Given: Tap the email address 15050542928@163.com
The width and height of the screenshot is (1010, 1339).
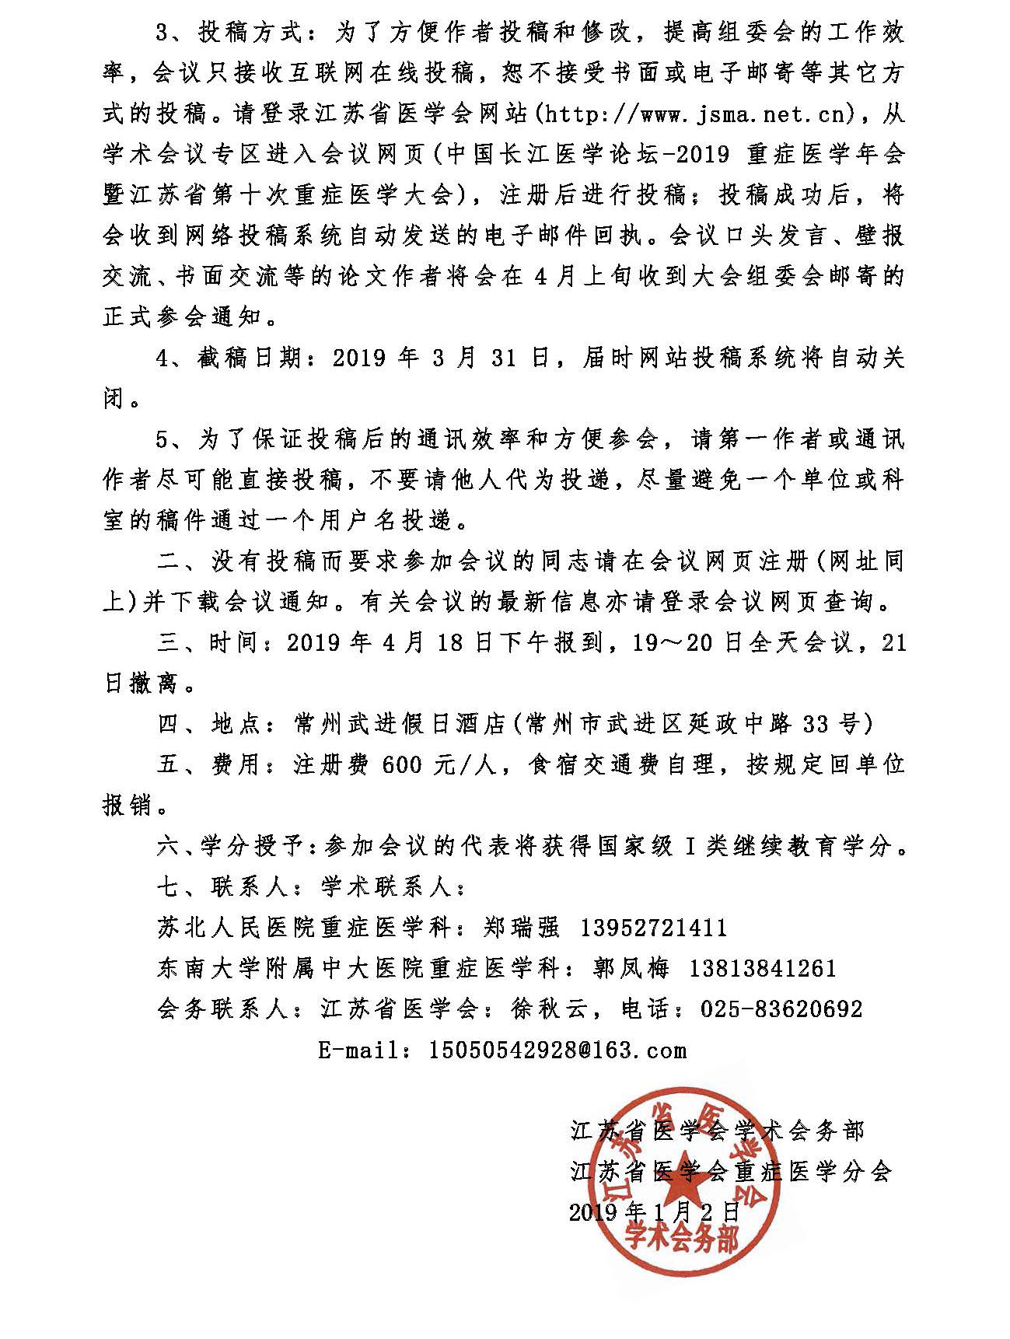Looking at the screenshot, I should [557, 1051].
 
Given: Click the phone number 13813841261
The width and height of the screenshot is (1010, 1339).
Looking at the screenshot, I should [763, 968].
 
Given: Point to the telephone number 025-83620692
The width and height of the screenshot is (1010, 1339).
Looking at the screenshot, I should [781, 1009].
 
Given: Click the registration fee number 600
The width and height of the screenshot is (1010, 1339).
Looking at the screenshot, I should [402, 765].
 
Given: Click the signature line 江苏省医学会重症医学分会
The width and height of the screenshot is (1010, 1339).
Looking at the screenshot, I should [731, 1172].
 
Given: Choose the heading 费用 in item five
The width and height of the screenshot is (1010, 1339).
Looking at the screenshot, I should [234, 765].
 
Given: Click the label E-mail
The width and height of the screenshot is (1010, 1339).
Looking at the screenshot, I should [358, 1051].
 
